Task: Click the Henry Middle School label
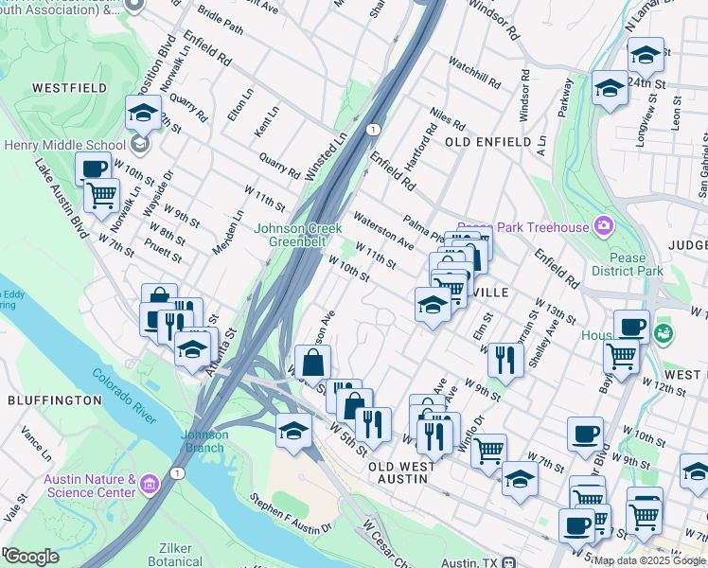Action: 64,145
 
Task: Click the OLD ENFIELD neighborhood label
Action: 487,141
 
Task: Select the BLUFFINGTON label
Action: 54,400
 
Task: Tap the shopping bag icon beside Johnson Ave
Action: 312,362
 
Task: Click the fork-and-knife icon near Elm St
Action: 507,359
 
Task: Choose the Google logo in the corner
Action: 30,556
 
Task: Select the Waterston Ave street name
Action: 383,231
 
